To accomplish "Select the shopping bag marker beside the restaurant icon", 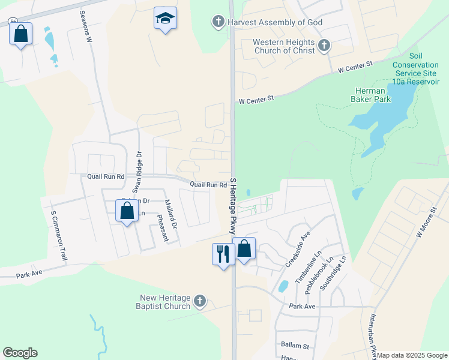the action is click(244, 248).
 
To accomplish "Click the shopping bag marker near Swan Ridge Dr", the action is click(127, 211).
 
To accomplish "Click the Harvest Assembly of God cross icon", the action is click(218, 23).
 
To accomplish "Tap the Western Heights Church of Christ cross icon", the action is click(324, 46).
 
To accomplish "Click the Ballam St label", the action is click(294, 346).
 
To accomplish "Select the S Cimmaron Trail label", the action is click(58, 235).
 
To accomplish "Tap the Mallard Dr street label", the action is click(170, 214).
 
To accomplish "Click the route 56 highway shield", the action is click(13, 21).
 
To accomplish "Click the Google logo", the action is click(20, 353).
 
